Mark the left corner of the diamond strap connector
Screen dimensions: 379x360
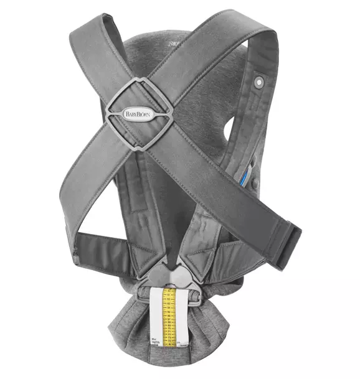pyautogui.click(x=104, y=113)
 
